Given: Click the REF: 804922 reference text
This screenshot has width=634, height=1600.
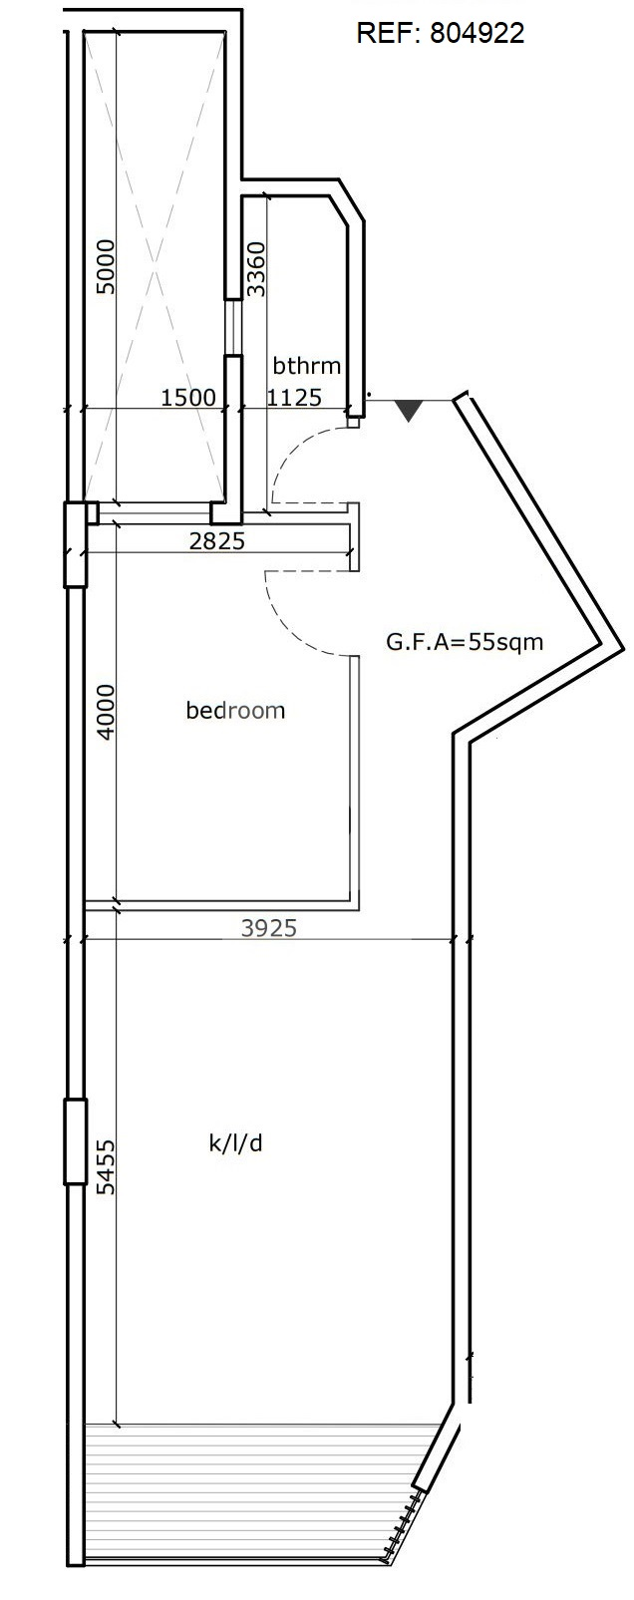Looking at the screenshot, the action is pyautogui.click(x=440, y=33).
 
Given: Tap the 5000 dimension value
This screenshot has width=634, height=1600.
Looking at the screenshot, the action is pyautogui.click(x=105, y=267).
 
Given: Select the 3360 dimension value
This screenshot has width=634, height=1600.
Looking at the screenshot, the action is pyautogui.click(x=255, y=269).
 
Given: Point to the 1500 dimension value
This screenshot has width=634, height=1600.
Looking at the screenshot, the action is pyautogui.click(x=187, y=397).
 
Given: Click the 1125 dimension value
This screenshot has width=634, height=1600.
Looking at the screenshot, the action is pyautogui.click(x=294, y=397).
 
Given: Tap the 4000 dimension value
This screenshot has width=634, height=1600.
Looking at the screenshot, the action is pyautogui.click(x=105, y=712).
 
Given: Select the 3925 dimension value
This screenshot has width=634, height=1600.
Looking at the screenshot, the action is pyautogui.click(x=268, y=927).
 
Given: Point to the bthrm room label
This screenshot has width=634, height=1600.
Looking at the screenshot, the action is pyautogui.click(x=307, y=366).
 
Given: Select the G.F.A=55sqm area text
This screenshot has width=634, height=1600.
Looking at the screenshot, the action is pyautogui.click(x=465, y=641).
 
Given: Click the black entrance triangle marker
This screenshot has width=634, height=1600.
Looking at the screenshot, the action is pyautogui.click(x=409, y=411).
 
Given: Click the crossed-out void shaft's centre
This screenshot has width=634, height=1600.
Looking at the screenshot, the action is pyautogui.click(x=155, y=266).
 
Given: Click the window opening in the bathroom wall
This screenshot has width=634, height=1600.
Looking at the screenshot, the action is pyautogui.click(x=232, y=326).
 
